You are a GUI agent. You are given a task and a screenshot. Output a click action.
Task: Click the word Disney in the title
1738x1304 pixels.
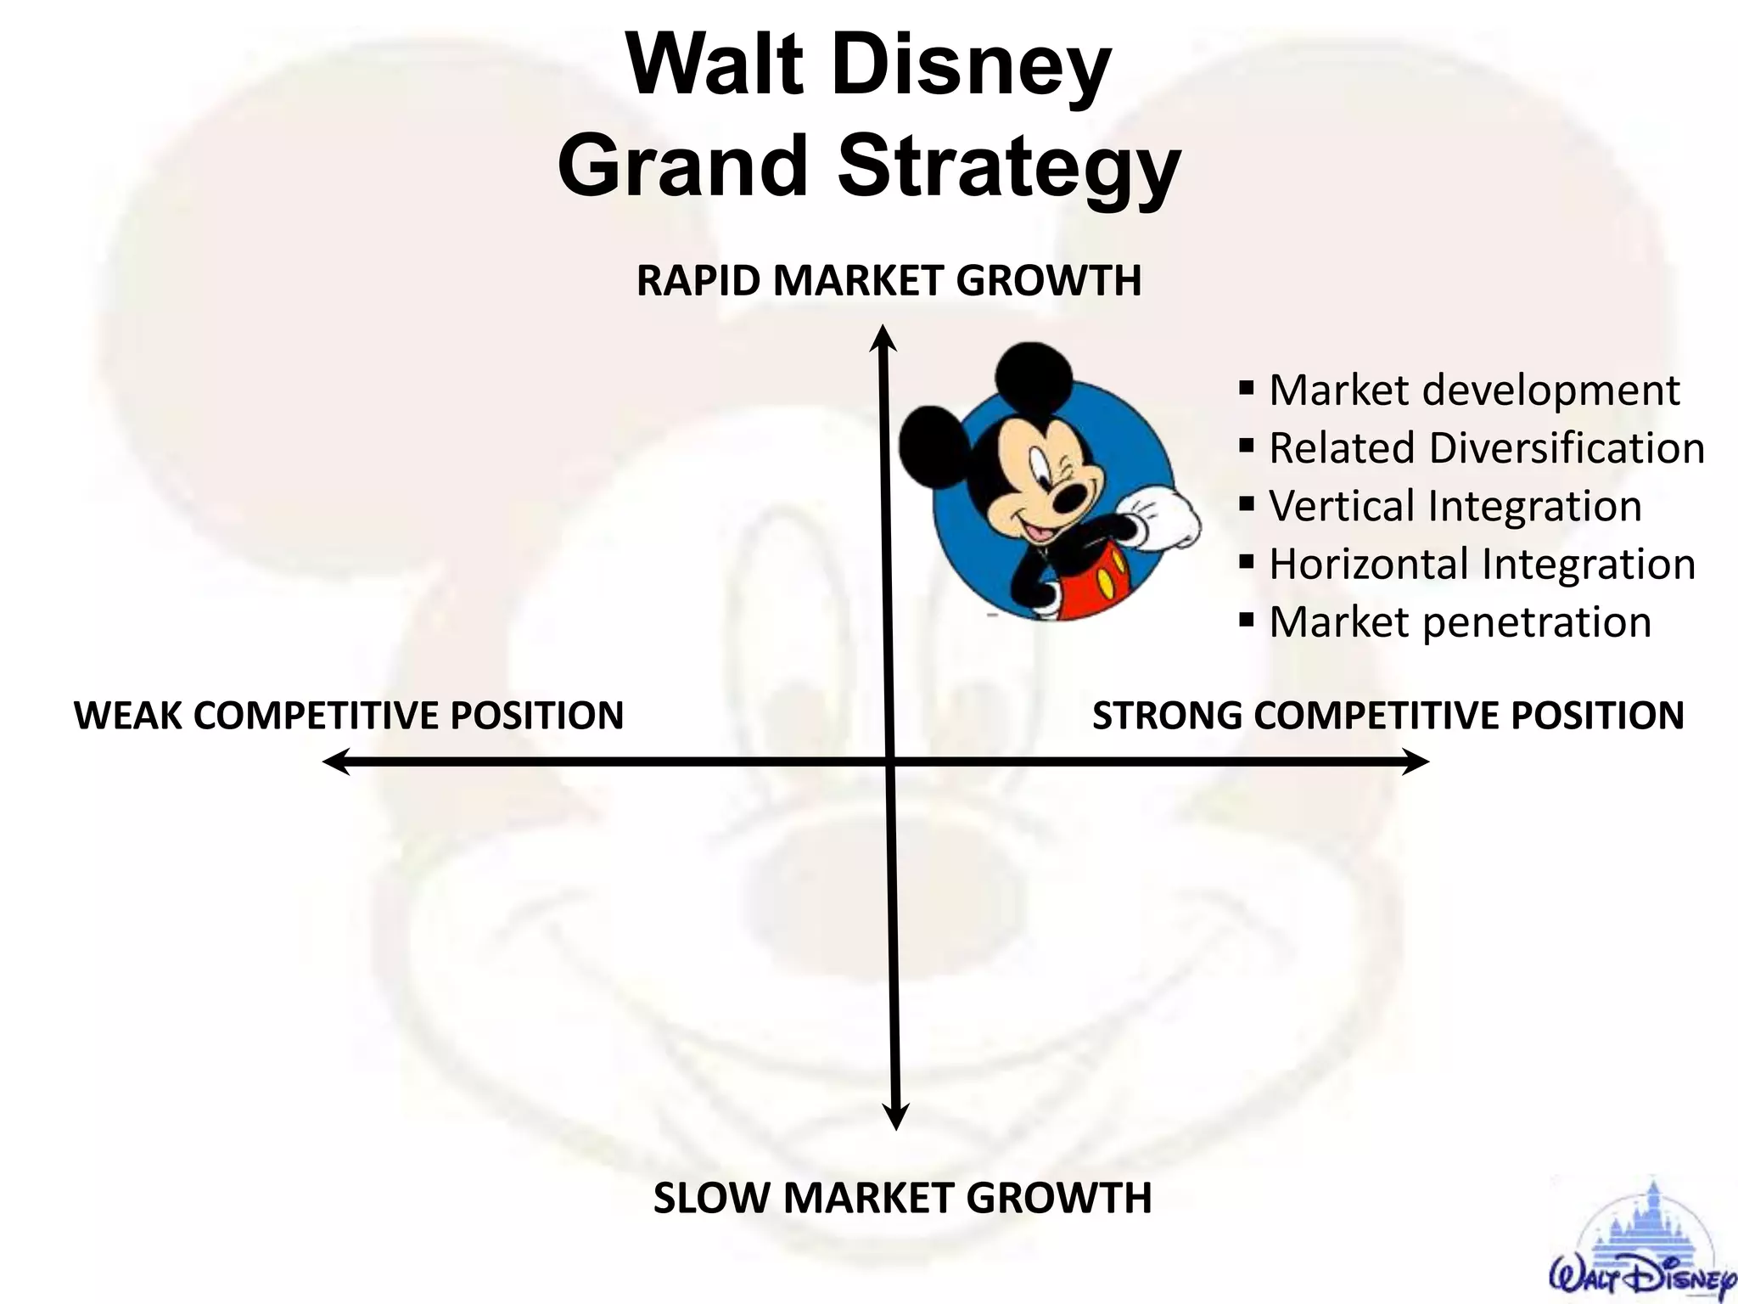click(971, 68)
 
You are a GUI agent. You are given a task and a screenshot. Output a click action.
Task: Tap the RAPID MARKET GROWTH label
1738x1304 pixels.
click(889, 281)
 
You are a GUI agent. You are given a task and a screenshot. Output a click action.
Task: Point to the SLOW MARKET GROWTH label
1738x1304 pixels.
click(902, 1198)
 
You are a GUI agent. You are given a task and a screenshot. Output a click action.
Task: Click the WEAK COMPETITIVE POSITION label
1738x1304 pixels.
click(349, 715)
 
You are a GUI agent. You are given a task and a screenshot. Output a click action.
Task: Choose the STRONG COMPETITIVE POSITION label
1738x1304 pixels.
click(1388, 715)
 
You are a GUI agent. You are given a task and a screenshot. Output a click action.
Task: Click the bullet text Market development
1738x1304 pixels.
click(1473, 391)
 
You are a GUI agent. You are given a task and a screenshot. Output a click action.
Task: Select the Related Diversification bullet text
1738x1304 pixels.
click(1486, 448)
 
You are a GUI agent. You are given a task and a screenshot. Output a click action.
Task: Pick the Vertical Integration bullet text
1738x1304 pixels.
click(1455, 506)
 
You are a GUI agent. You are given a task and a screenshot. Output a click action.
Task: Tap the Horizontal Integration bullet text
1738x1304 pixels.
click(1482, 564)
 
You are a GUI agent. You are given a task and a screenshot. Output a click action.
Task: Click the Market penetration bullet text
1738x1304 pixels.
click(1460, 622)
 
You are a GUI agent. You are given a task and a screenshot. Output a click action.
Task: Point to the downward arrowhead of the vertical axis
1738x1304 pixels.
click(896, 1119)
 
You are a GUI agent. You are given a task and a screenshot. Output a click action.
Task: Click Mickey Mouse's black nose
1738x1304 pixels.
click(1068, 502)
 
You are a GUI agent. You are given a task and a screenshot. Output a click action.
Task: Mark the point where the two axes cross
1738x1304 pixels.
click(890, 762)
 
